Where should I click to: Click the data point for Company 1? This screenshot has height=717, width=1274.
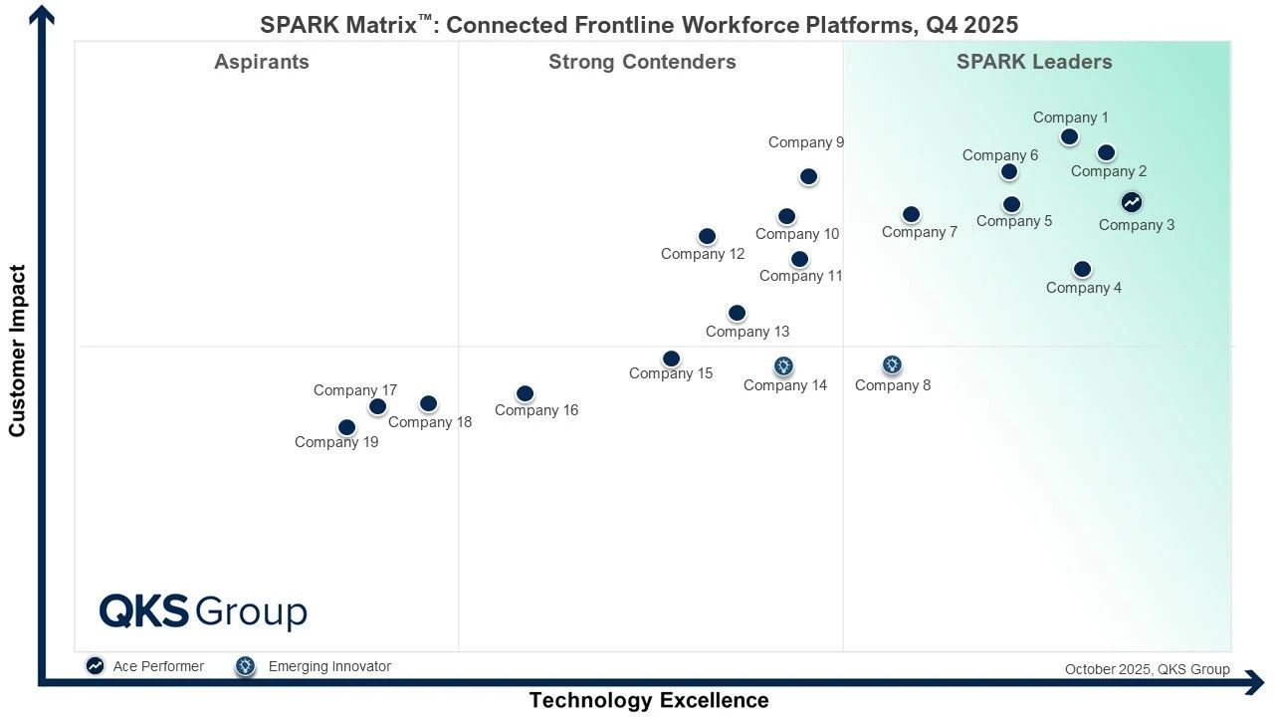(x=1069, y=137)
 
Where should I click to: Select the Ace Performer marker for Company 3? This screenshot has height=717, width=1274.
(x=1132, y=202)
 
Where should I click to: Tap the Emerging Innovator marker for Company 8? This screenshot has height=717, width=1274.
(x=892, y=365)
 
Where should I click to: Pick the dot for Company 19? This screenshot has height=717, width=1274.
(x=346, y=428)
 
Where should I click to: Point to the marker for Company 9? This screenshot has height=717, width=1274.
(x=808, y=177)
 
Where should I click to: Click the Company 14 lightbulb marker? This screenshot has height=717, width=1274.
(x=783, y=366)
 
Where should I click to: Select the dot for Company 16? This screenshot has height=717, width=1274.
(x=525, y=394)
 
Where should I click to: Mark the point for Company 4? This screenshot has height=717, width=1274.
(x=1082, y=270)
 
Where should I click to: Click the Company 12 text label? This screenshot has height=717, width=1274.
(x=703, y=254)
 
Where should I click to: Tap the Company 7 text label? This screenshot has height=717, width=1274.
(x=920, y=232)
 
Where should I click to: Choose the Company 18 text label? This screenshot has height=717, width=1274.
(x=430, y=422)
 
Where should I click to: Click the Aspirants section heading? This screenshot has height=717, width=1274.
(x=262, y=62)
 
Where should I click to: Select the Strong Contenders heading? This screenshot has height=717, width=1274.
(x=642, y=62)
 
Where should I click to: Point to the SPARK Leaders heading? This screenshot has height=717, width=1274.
(x=1034, y=62)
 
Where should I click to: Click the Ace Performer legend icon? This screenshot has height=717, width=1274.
(x=95, y=666)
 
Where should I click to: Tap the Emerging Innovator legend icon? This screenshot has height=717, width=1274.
(x=245, y=666)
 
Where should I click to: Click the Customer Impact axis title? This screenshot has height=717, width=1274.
(x=17, y=351)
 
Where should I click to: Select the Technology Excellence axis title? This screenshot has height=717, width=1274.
(x=649, y=700)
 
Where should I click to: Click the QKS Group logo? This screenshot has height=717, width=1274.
(x=203, y=611)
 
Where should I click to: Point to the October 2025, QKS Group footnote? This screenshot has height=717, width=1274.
(x=1147, y=669)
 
